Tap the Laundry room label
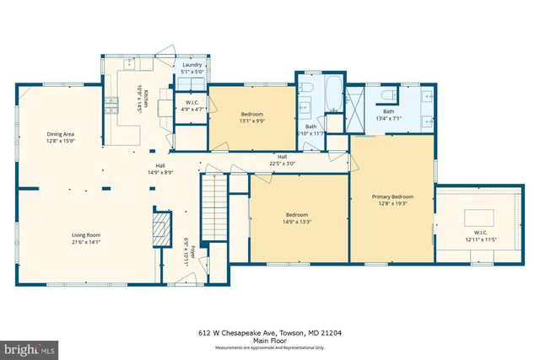coord(192,66)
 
